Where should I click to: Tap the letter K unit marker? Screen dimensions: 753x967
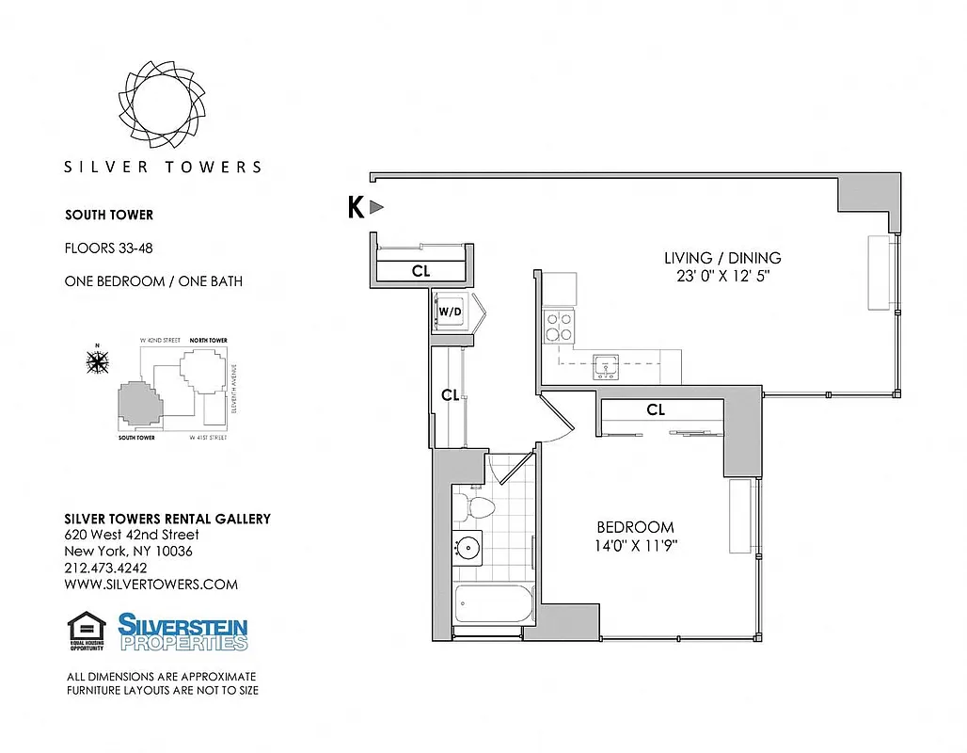[x=356, y=207]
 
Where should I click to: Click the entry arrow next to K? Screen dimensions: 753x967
[x=376, y=207]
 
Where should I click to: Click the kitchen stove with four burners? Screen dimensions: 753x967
[x=561, y=325]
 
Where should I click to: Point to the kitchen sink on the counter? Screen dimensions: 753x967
[x=605, y=366]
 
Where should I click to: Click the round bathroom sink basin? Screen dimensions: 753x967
[x=468, y=547]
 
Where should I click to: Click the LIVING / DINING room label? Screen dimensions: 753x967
[x=722, y=258]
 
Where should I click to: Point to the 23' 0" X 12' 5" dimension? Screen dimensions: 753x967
[x=722, y=277]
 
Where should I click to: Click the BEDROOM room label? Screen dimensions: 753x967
[x=636, y=527]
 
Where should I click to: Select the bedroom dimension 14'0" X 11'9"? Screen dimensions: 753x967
[x=636, y=545]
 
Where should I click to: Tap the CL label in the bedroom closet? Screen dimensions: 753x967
[x=656, y=410]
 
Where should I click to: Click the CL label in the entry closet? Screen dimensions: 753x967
[x=420, y=270]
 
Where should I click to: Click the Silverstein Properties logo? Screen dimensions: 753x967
[x=182, y=632]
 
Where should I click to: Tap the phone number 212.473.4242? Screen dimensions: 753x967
[x=105, y=568]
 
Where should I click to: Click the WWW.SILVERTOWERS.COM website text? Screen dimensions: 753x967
[x=151, y=585]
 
